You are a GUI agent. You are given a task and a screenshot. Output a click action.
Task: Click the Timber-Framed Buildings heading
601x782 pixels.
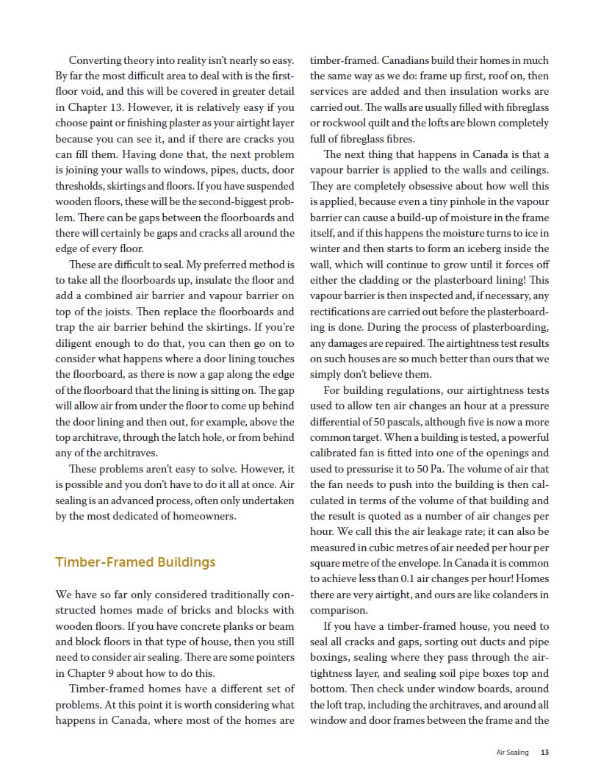coord(135,562)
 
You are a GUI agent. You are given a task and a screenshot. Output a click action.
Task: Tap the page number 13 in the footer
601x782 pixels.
coord(544,752)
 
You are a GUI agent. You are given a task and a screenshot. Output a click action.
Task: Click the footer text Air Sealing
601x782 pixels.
coord(512,752)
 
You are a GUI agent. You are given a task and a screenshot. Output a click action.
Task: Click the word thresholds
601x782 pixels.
coord(80,186)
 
